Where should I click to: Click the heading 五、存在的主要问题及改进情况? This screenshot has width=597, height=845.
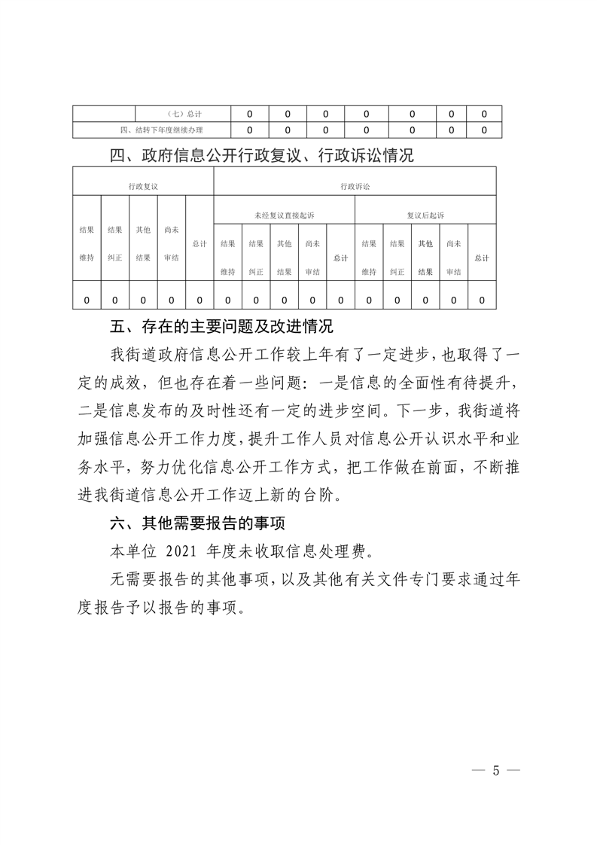(x=221, y=328)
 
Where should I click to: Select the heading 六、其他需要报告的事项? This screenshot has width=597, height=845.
(x=199, y=522)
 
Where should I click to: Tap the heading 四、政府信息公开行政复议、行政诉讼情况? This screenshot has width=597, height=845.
(x=261, y=157)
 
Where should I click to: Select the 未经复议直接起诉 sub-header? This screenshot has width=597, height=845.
(x=284, y=215)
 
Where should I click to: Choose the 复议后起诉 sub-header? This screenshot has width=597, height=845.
(x=425, y=215)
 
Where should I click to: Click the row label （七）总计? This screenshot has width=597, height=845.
(x=178, y=114)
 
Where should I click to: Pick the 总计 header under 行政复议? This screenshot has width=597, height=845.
(x=200, y=243)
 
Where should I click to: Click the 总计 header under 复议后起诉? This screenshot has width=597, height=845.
(x=482, y=258)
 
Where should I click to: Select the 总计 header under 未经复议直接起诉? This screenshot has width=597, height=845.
(x=340, y=258)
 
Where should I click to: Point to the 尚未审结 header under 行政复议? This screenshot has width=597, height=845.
(x=171, y=243)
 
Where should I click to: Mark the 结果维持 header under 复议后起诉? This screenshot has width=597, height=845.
(x=369, y=258)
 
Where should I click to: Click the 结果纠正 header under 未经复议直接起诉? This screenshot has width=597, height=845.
(x=256, y=258)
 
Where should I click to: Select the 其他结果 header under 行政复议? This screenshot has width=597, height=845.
(x=143, y=243)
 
